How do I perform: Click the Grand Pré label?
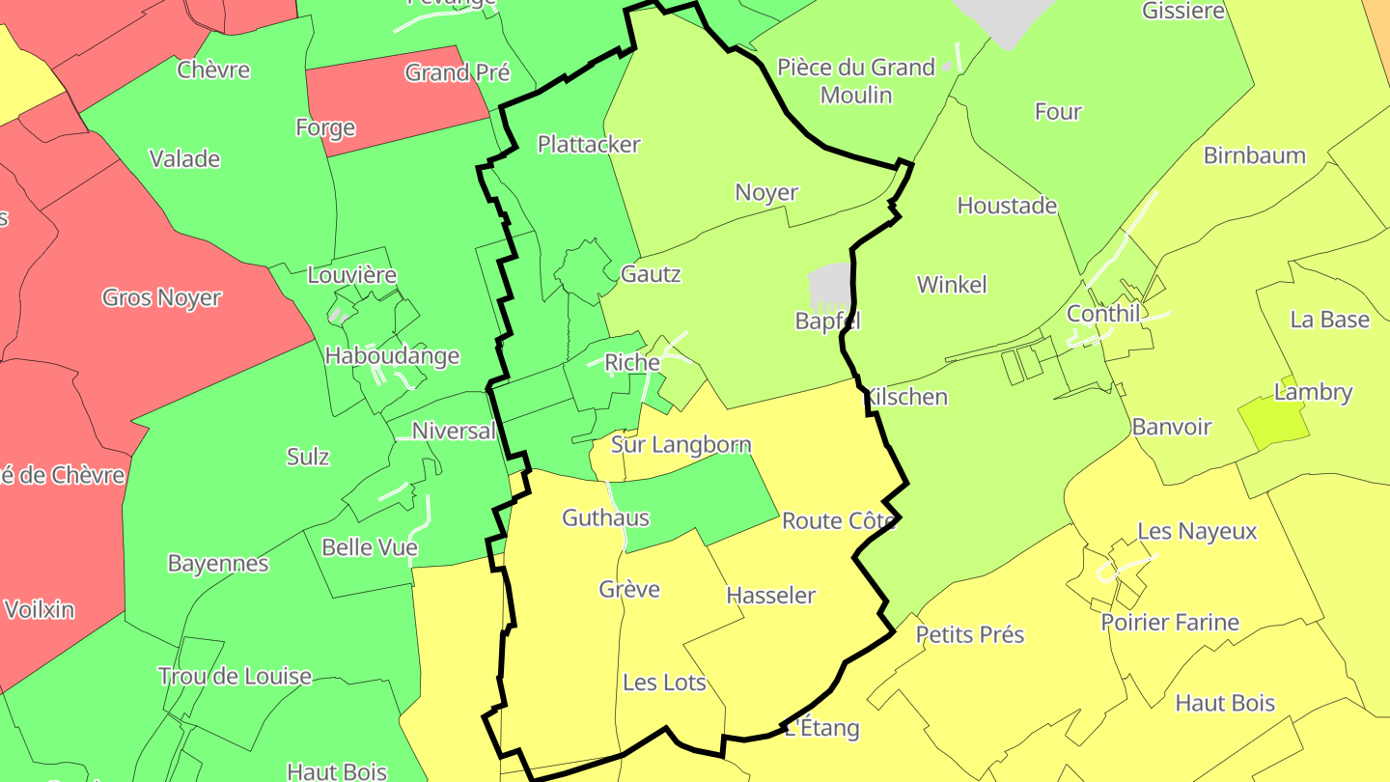coord(458,73)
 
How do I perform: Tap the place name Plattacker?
coord(589,145)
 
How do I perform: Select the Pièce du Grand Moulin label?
coord(856,81)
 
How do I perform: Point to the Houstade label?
coord(1007,206)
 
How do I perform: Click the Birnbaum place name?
coord(1254,155)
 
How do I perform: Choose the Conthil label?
coord(1103,314)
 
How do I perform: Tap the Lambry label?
coord(1313,393)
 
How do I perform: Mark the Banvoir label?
coord(1172,427)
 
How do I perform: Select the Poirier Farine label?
coord(1170,623)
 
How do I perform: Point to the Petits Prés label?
coord(969,634)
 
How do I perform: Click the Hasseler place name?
coord(770,596)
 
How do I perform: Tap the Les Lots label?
coord(665,683)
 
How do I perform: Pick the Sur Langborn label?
coord(681,445)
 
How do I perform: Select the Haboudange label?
coord(392,356)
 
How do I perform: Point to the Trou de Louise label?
coord(235,676)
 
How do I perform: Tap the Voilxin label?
coord(40,610)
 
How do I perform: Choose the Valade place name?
coord(184,159)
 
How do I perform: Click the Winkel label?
coord(952,285)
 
